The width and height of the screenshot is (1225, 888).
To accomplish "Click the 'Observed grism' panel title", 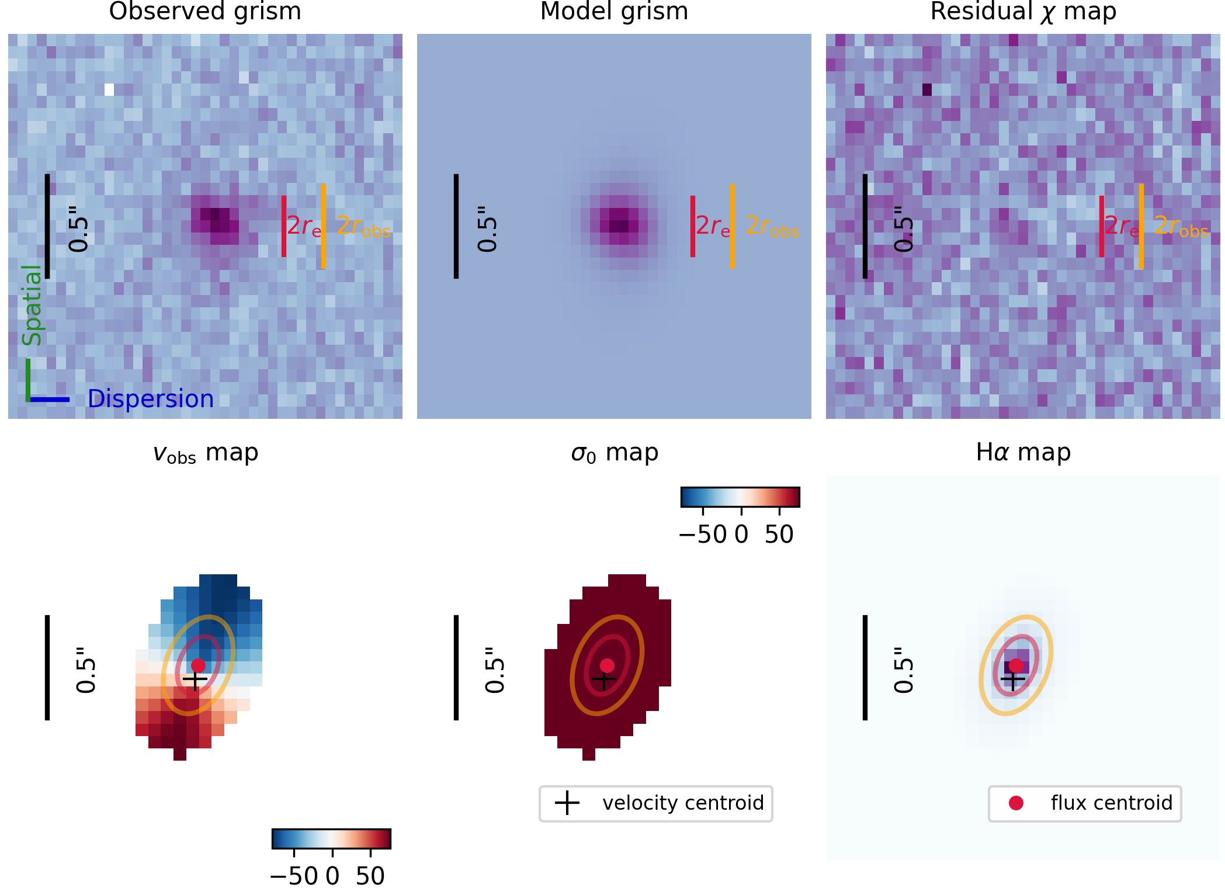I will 205,12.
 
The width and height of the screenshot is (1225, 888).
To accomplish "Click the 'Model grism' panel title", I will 614,12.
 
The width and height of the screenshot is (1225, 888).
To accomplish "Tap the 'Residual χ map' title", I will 1023,12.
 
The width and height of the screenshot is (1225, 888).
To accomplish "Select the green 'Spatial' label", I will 32,305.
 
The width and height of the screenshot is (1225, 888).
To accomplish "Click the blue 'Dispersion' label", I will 151,399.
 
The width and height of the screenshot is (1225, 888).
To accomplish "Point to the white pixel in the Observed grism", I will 109,89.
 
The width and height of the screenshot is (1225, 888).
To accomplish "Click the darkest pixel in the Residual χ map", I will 927,89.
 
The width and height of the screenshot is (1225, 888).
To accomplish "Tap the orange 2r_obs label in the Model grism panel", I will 772,226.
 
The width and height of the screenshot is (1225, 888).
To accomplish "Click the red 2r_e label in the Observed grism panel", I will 304,226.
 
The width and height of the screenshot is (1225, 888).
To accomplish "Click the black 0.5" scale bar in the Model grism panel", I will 456,226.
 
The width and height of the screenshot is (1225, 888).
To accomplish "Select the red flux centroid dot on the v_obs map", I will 198,665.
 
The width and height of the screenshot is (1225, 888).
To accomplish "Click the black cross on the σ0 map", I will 604,679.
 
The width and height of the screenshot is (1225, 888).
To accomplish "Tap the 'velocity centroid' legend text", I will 683,803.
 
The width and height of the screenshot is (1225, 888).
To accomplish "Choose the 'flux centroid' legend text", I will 1111,803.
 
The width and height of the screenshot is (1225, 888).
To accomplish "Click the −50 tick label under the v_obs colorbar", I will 294,876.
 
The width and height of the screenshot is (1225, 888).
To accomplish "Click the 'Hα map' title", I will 1023,453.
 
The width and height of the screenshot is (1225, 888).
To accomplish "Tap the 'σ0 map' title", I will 614,453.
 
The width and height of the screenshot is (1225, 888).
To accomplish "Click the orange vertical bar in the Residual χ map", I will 1141,226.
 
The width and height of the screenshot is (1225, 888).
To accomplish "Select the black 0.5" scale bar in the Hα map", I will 865,667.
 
